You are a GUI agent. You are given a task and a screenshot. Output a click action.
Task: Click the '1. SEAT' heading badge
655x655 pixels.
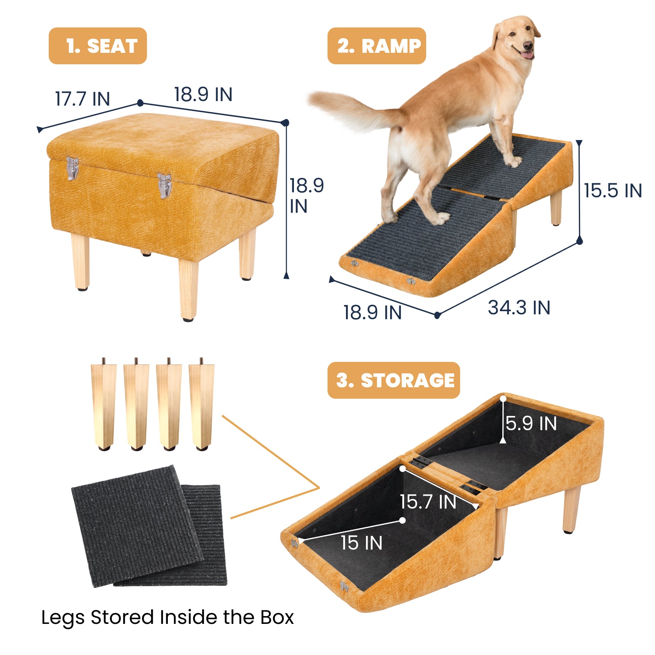coord(97,46)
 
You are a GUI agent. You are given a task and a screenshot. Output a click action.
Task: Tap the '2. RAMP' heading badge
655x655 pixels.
coord(377,46)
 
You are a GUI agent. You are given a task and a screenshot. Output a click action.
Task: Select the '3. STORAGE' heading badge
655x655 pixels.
coord(393,380)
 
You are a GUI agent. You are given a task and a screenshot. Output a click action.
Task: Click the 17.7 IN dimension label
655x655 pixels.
coord(83,99)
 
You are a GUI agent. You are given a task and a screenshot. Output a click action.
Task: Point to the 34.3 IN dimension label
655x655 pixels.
coord(519,308)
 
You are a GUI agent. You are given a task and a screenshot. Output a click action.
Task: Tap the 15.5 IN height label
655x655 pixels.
coord(613,191)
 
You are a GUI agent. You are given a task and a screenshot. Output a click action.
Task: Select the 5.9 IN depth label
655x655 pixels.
coord(531,424)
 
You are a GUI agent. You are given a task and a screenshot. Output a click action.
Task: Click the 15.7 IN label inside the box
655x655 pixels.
coord(428,502)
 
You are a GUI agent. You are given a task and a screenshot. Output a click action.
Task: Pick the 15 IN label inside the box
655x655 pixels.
coord(361,543)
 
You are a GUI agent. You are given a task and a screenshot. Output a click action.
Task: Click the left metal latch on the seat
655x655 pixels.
coord(72,168)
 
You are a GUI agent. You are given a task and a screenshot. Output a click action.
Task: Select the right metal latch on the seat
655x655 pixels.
coord(164,185)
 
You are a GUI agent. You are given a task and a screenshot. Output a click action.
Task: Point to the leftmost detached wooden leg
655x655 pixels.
coord(103,405)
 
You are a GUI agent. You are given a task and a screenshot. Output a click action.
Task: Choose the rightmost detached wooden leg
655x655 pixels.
coord(201,405)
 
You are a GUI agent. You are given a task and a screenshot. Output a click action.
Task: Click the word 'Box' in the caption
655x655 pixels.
coord(277,618)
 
